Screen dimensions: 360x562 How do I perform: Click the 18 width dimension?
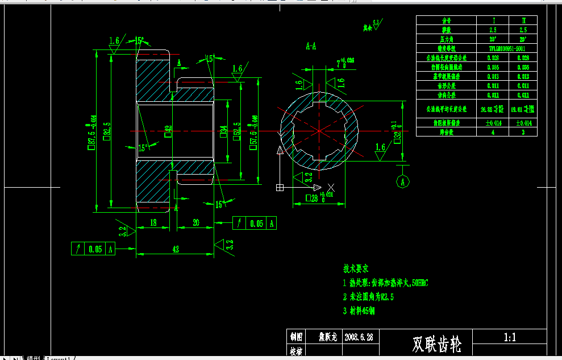153,223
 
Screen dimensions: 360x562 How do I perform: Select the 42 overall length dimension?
175,249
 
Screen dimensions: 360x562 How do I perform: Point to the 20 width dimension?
196,223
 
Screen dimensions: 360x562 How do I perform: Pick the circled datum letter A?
403,182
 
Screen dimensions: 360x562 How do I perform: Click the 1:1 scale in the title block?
510,337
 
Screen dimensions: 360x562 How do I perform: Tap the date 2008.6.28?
359,337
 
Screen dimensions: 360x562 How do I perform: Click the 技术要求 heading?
356,268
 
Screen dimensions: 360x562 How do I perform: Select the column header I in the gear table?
493,20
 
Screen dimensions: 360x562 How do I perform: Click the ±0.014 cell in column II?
523,123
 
